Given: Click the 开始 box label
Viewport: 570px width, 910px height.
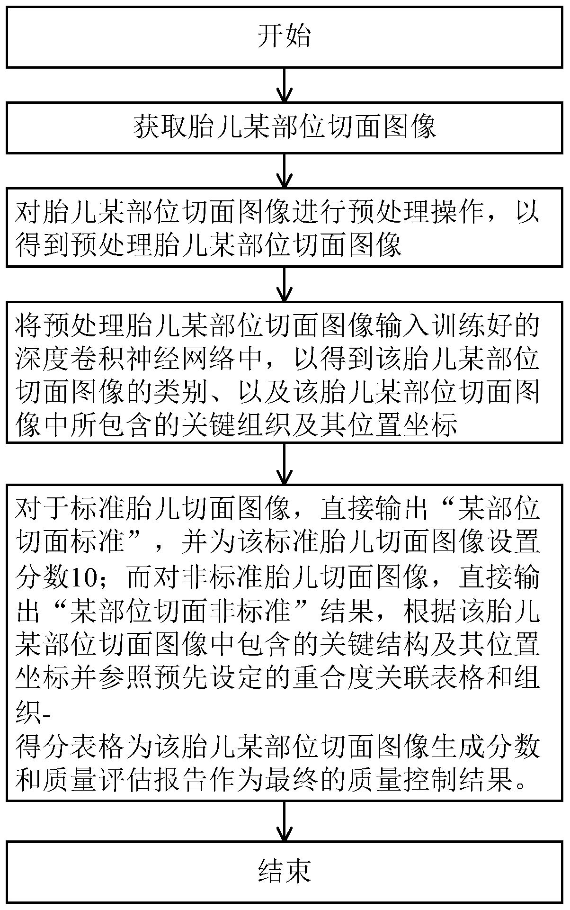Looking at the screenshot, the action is (284, 36).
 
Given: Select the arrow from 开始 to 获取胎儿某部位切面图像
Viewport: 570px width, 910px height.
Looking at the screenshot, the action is (284, 85).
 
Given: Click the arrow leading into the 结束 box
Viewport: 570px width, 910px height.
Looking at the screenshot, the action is (284, 820).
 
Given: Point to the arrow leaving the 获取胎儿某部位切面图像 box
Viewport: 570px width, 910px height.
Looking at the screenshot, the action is (284, 171).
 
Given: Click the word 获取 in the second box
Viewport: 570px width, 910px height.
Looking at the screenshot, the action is (160, 127).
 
